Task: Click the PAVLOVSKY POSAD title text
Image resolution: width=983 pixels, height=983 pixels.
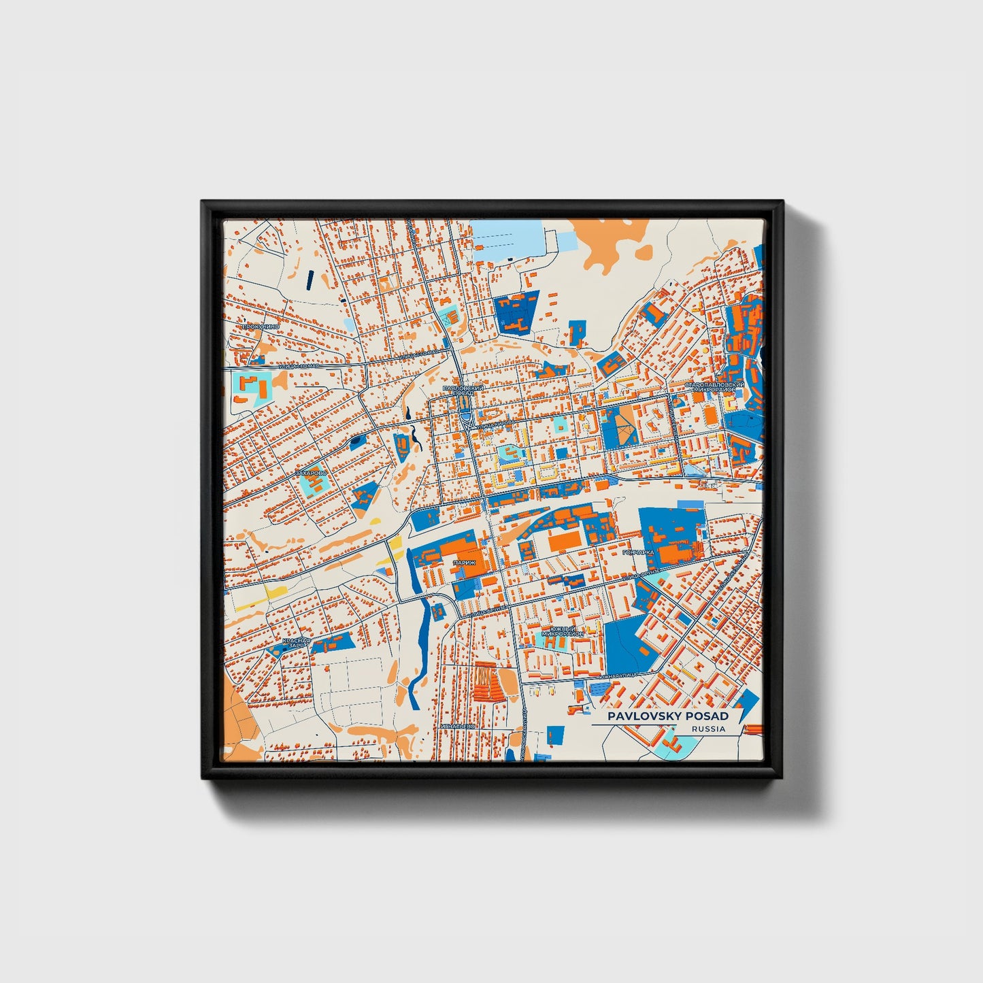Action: (x=667, y=716)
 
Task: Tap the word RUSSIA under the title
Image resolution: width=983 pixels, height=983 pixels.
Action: (x=707, y=729)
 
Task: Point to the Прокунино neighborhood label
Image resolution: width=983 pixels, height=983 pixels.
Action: (x=260, y=327)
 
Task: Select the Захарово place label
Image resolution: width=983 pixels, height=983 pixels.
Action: (x=311, y=472)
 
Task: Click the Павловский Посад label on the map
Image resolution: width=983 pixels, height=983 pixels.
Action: (x=463, y=390)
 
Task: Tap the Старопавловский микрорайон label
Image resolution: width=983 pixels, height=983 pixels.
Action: (x=714, y=386)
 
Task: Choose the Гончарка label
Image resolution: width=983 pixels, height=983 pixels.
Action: (x=638, y=552)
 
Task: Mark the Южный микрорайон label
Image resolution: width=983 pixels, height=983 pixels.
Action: (x=563, y=631)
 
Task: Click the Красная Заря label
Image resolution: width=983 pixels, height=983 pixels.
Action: (x=297, y=643)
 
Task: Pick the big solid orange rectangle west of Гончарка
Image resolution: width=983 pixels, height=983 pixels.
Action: (x=565, y=542)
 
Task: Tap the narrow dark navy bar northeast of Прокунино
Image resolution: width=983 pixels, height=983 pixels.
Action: (x=310, y=280)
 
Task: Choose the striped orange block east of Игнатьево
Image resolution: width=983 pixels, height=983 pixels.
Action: (x=488, y=681)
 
